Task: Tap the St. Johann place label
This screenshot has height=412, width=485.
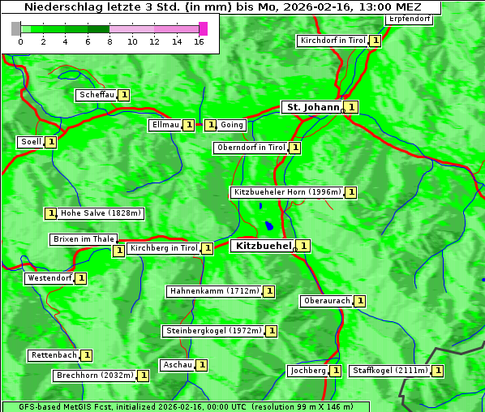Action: pyautogui.click(x=311, y=107)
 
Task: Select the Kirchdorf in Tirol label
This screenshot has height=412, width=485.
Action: pyautogui.click(x=333, y=41)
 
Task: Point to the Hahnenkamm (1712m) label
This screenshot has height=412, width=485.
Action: pyautogui.click(x=214, y=291)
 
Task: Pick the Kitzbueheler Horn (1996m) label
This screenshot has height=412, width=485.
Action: pyautogui.click(x=287, y=192)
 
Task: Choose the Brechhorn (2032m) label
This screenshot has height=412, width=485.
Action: pyautogui.click(x=94, y=376)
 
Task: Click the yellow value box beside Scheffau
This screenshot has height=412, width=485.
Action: pyautogui.click(x=124, y=95)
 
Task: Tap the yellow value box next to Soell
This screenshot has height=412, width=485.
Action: pyautogui.click(x=51, y=142)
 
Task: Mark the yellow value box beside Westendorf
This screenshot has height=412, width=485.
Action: pyautogui.click(x=81, y=278)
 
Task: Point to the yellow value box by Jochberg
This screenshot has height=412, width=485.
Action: pyautogui.click(x=335, y=371)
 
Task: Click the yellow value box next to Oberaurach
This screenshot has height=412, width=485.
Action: pyautogui.click(x=360, y=301)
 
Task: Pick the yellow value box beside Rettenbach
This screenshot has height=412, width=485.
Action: pyautogui.click(x=87, y=355)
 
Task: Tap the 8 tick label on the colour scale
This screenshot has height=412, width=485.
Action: pyautogui.click(x=109, y=41)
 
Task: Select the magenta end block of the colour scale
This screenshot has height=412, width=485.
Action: pyautogui.click(x=203, y=28)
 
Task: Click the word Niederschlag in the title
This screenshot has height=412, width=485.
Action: pyautogui.click(x=58, y=7)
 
